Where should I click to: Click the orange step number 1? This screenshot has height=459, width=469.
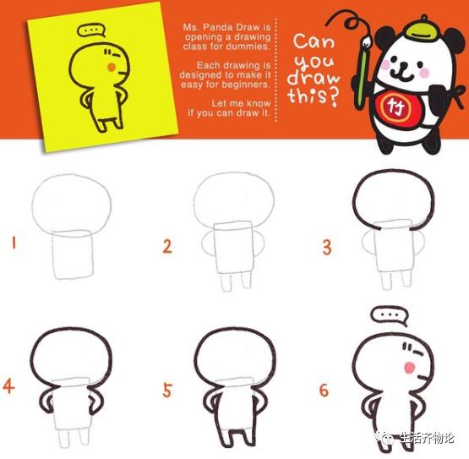pos(14,244)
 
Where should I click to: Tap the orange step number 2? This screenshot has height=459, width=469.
pos(167,246)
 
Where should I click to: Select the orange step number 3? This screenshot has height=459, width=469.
pos(326,247)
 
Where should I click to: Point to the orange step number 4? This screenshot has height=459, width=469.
pos(9,387)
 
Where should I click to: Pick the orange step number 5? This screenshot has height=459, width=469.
pos(167,390)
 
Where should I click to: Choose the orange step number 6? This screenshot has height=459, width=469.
pos(324,390)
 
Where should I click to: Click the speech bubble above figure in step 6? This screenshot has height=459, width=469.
pos(389,316)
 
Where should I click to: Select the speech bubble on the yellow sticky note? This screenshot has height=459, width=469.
pos(89,32)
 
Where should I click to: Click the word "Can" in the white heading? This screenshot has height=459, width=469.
pos(314,41)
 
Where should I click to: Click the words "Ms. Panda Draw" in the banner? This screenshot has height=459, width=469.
pos(226,27)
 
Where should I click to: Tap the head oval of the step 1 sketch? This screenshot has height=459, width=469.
pos(71,202)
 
